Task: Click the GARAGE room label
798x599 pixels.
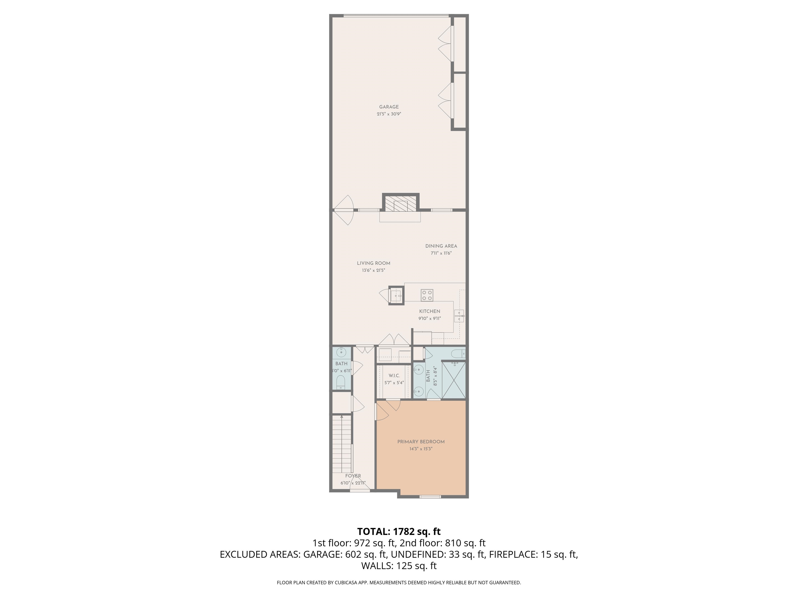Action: point(389,107)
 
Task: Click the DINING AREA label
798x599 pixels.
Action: point(441,246)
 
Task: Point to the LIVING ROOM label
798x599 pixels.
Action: point(373,263)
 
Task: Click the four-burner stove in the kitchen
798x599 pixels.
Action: point(427,295)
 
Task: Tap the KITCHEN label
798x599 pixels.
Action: point(429,311)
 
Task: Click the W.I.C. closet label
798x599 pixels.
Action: point(394,375)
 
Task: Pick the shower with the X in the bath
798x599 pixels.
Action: point(454,380)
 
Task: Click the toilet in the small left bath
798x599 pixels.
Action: point(341,382)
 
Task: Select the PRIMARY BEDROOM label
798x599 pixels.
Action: point(421,441)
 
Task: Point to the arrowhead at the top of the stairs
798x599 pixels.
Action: point(342,417)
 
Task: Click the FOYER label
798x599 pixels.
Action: point(353,476)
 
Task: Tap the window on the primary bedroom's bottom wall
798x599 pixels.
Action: point(430,497)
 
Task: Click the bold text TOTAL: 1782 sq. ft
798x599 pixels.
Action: point(399,531)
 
